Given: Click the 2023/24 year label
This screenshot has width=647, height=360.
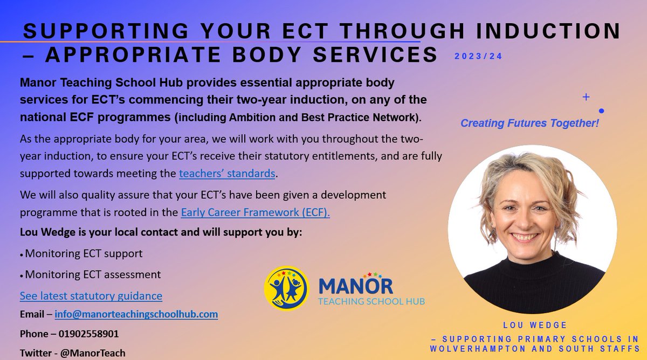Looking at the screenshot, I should [x=477, y=56].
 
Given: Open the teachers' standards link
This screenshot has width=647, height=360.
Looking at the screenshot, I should [x=228, y=174].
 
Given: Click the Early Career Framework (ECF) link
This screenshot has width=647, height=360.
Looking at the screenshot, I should [x=255, y=212].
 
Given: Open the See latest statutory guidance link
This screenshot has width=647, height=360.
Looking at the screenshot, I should [x=91, y=296].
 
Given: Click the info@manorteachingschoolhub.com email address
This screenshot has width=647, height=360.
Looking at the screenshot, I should [x=136, y=314].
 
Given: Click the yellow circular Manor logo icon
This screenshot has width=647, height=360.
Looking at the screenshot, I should [x=286, y=288].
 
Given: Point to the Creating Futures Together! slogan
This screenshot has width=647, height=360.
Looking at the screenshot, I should [x=529, y=123].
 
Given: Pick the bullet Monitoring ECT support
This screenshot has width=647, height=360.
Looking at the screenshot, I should [x=84, y=253].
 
